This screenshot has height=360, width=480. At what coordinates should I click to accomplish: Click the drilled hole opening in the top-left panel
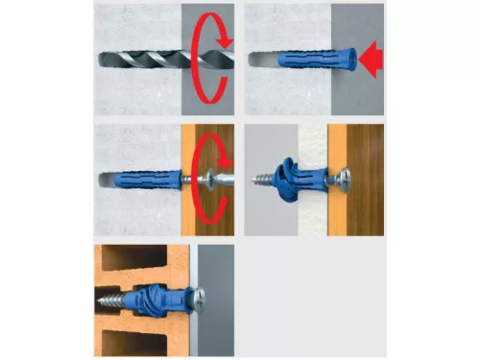pyautogui.click(x=182, y=60)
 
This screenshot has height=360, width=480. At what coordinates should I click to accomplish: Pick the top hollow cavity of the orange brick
pyautogui.click(x=144, y=257)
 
